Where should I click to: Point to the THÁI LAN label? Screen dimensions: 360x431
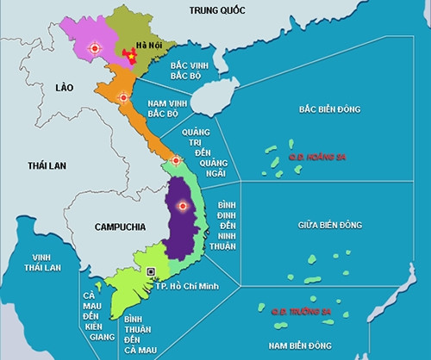(x=46, y=164)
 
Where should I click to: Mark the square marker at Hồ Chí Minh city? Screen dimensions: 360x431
(x=152, y=272)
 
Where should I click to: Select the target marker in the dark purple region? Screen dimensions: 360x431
(x=181, y=205)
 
